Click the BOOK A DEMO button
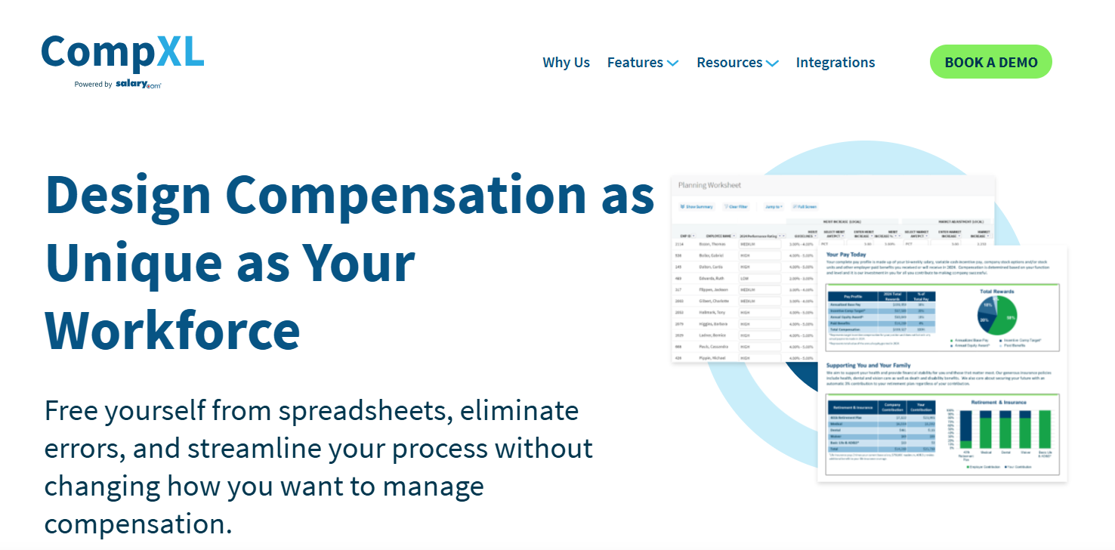pos(990,62)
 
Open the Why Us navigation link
pos(566,63)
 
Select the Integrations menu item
pos(835,63)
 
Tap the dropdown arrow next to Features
pos(672,63)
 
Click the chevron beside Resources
pos(772,63)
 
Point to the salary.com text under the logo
pos(138,84)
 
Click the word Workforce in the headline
pos(173,329)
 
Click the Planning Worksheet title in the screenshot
pos(709,185)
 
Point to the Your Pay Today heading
pos(848,255)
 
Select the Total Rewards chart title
pos(996,291)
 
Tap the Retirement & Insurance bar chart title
pos(998,402)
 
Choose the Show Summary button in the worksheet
pos(696,206)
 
